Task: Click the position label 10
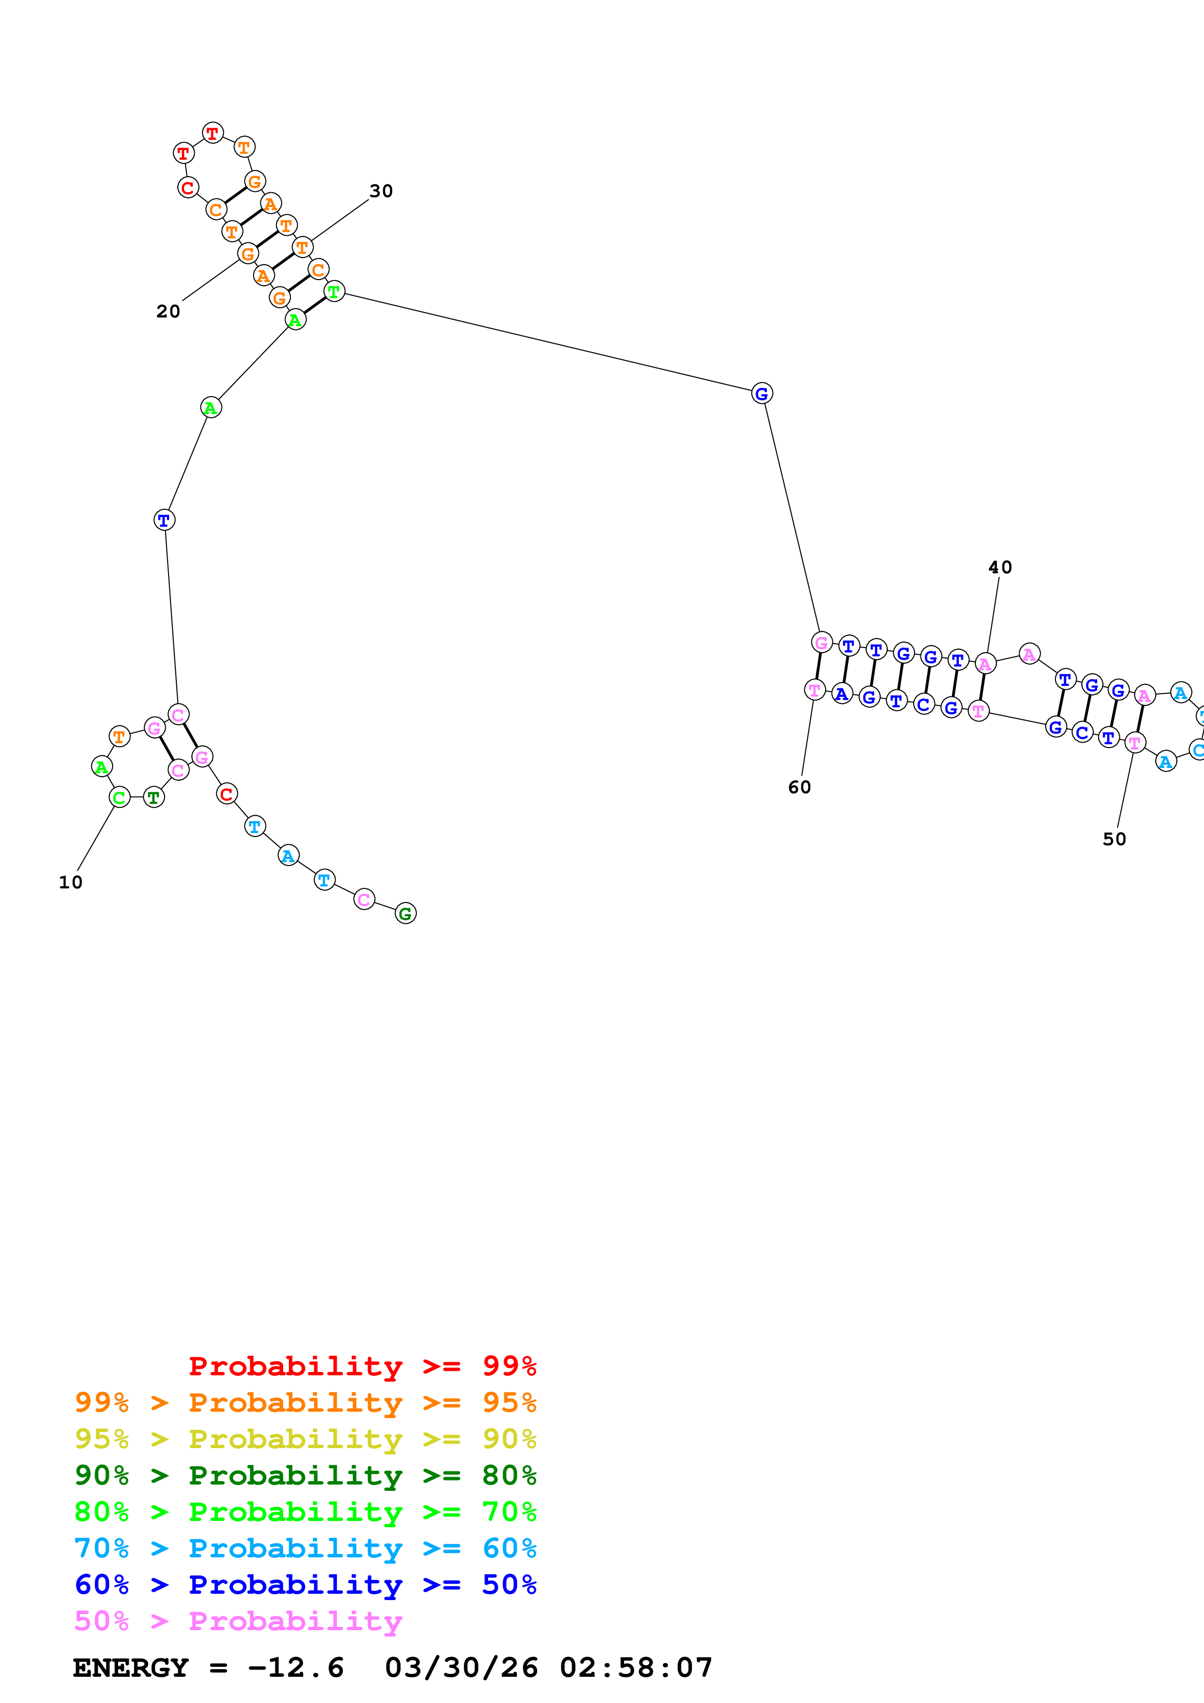(70, 883)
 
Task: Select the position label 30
(381, 191)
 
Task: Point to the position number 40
(1000, 568)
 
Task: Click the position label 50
(1114, 839)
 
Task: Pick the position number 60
(800, 787)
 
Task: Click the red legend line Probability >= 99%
(362, 1366)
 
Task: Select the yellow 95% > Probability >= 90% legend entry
(305, 1439)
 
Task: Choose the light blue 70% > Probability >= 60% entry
(305, 1548)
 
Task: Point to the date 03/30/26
(461, 1668)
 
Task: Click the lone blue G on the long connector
(762, 393)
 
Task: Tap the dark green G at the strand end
(406, 913)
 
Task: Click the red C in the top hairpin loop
(188, 188)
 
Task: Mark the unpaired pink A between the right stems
(1029, 654)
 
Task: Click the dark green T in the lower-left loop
(153, 797)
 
